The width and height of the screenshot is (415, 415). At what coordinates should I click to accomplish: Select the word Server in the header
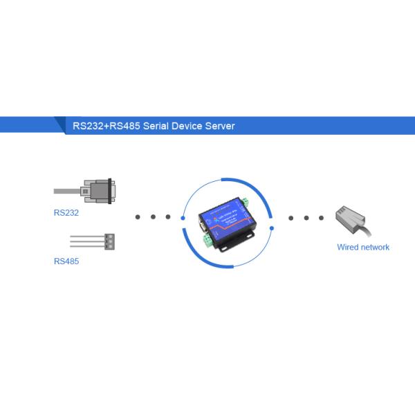219,126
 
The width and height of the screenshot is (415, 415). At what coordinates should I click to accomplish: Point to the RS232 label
66,212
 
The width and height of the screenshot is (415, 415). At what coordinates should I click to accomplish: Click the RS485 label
66,262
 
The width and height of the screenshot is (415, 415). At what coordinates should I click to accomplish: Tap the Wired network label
363,247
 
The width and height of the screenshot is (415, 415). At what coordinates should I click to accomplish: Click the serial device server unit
226,225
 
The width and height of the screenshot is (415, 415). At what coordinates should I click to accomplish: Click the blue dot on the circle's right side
272,227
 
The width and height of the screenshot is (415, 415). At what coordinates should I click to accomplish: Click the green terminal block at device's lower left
206,240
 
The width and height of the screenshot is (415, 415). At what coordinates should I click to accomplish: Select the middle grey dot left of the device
153,217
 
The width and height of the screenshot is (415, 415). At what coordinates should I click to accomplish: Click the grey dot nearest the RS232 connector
138,217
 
